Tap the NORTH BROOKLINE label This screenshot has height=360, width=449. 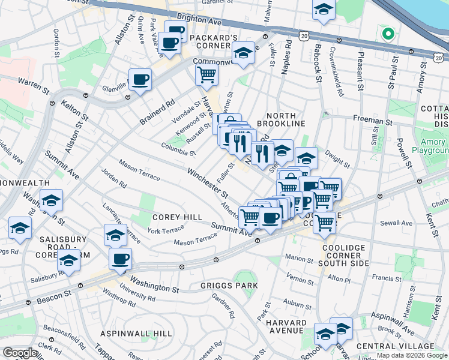click(277, 120)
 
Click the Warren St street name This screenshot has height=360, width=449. click(33, 84)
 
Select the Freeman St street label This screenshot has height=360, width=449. click(372, 121)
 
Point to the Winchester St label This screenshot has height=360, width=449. click(207, 183)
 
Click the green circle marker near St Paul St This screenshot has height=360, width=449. click(388, 34)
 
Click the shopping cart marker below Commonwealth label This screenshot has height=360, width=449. click(206, 76)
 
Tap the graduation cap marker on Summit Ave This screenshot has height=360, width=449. click(52, 201)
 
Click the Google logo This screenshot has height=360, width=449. click(20, 353)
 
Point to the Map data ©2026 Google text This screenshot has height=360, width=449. click(412, 355)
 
